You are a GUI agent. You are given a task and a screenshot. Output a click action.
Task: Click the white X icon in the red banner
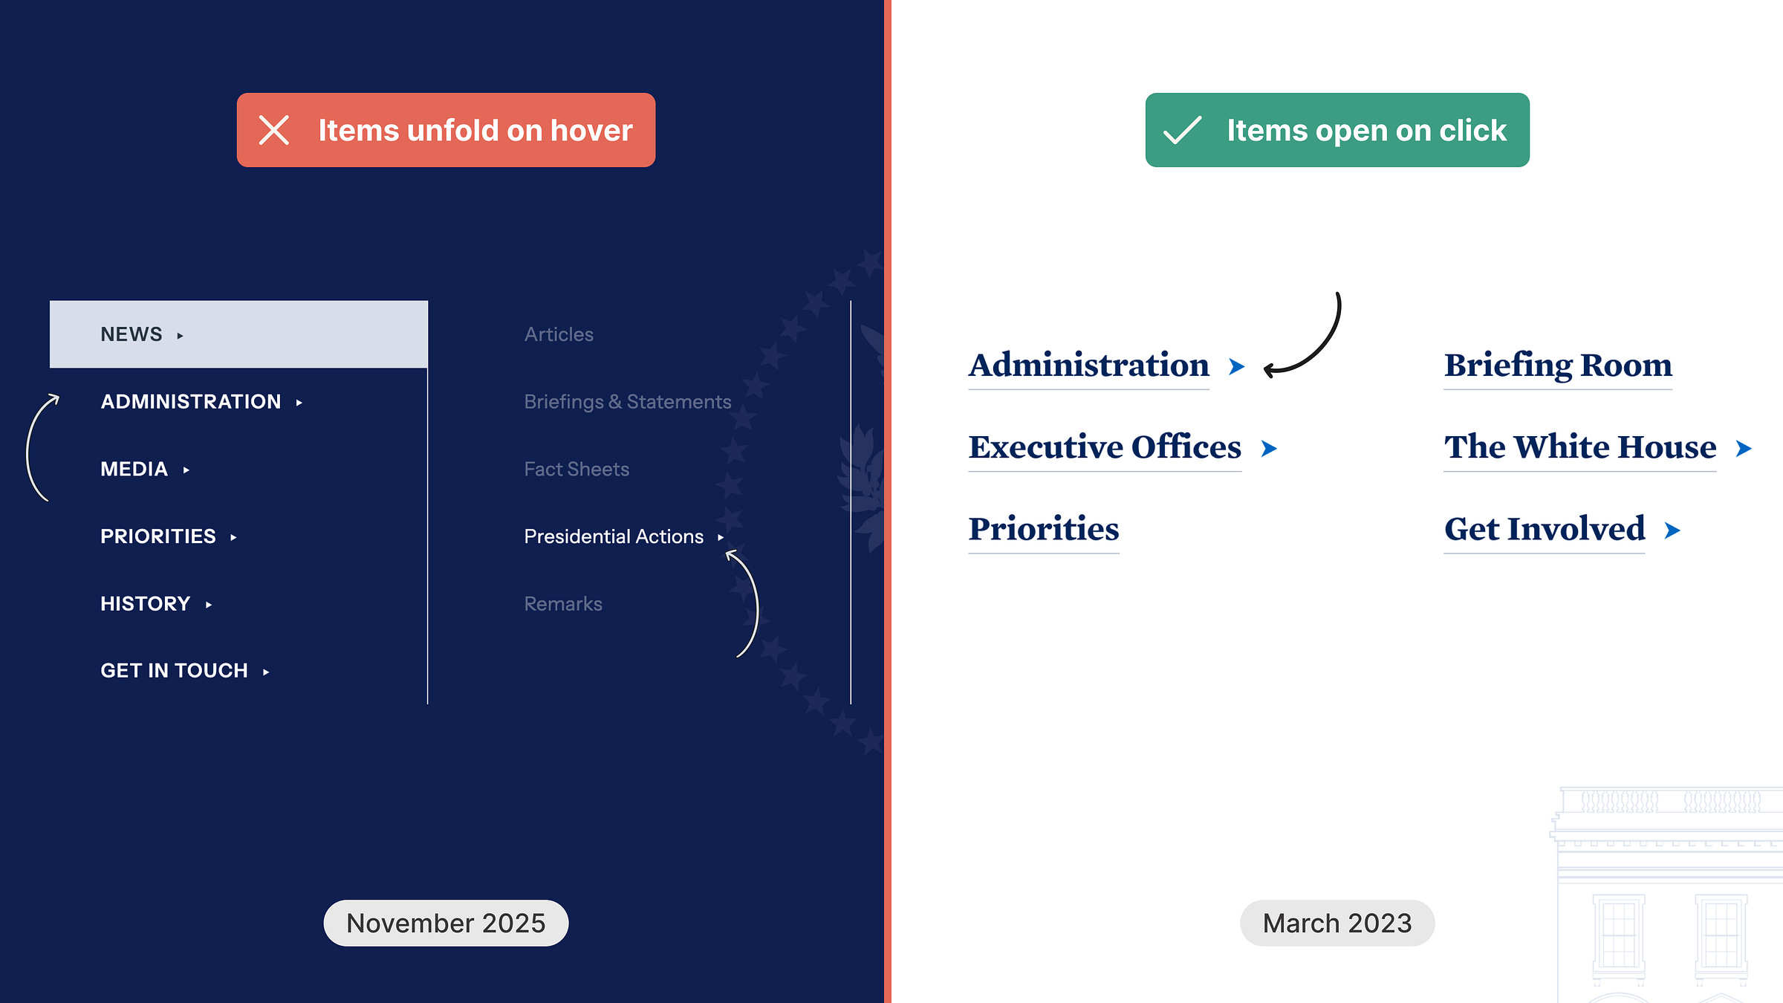tap(274, 131)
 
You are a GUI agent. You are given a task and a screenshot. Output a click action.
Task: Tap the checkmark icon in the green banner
tap(1182, 131)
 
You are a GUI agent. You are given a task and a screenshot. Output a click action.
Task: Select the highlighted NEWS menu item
tap(238, 334)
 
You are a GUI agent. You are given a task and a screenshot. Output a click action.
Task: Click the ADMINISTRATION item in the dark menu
tap(191, 402)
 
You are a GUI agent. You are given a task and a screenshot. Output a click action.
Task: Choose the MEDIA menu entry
tap(134, 470)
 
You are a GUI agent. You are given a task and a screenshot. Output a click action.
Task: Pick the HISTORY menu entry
tap(146, 604)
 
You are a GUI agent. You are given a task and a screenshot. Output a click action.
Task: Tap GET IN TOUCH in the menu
tap(175, 671)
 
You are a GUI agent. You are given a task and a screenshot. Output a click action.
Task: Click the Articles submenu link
tap(559, 334)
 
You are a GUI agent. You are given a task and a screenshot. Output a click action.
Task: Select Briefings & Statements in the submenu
tap(627, 402)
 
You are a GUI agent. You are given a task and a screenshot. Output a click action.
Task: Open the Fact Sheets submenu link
tap(577, 470)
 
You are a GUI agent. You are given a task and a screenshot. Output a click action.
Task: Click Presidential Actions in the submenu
tap(614, 536)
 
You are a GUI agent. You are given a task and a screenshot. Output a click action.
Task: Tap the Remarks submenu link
tap(563, 604)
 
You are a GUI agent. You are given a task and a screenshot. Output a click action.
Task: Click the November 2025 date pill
tap(446, 923)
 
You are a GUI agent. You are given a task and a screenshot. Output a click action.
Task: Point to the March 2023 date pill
tap(1337, 923)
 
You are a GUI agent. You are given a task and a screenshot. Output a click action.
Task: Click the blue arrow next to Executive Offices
tap(1269, 449)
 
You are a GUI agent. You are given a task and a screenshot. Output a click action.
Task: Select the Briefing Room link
tap(1558, 366)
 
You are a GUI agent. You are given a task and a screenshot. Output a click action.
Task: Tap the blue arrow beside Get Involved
tap(1672, 530)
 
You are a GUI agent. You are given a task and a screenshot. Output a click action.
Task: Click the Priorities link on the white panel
tap(1044, 529)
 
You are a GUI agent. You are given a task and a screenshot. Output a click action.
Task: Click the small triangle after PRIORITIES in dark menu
tap(233, 537)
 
